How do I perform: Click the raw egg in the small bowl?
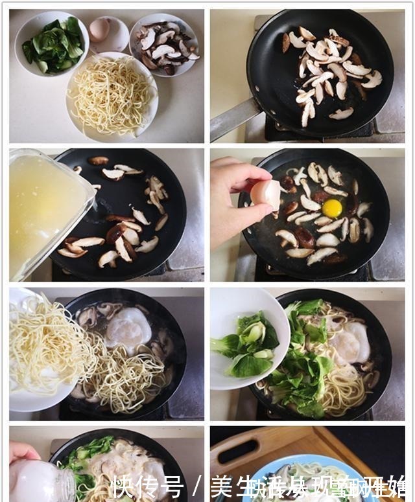[x=100, y=29]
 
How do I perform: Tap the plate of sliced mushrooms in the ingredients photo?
[x=163, y=44]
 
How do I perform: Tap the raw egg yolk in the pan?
[x=332, y=208]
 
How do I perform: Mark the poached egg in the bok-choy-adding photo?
[x=350, y=343]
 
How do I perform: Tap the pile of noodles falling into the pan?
[x=117, y=376]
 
